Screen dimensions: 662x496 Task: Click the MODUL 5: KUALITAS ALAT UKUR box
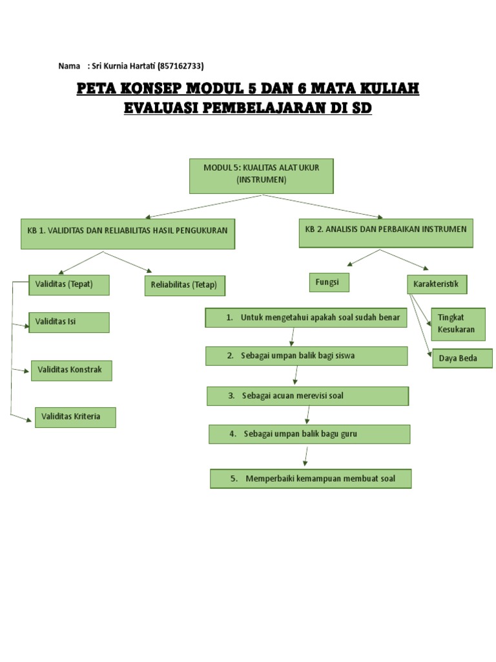(261, 175)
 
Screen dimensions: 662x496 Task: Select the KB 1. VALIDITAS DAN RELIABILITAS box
(127, 233)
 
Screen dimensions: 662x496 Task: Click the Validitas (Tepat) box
(69, 284)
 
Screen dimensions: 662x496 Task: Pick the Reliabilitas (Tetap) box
(184, 285)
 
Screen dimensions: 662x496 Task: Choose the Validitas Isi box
(69, 322)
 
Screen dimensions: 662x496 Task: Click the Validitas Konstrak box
(71, 370)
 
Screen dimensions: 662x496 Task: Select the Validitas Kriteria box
(74, 417)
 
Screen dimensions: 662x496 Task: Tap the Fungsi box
(328, 283)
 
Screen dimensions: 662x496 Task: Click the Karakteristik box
(437, 284)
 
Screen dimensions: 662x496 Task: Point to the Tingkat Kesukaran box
(458, 323)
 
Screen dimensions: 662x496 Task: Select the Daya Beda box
(462, 358)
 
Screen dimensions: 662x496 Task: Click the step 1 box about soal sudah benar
(306, 318)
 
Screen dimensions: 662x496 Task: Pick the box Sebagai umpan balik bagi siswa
(306, 356)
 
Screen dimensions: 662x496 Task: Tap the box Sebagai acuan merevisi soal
(307, 396)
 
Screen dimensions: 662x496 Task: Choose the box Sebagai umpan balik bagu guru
(309, 434)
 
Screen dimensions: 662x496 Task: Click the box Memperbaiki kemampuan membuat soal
(311, 479)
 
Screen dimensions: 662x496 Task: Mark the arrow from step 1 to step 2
(293, 337)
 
